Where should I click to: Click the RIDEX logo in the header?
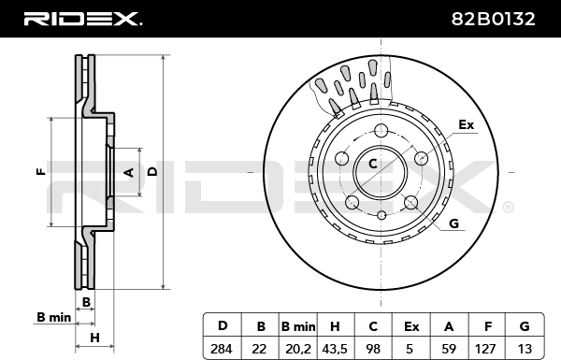[x=82, y=19]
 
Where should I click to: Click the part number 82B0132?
[x=493, y=19]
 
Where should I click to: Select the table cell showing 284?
[x=222, y=348]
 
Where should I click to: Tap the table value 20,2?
[x=298, y=349]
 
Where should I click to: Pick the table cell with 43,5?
[x=335, y=349]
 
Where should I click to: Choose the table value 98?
[x=373, y=348]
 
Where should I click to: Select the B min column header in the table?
[x=298, y=326]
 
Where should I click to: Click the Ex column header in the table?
[x=411, y=326]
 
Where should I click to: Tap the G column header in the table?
[x=525, y=326]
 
